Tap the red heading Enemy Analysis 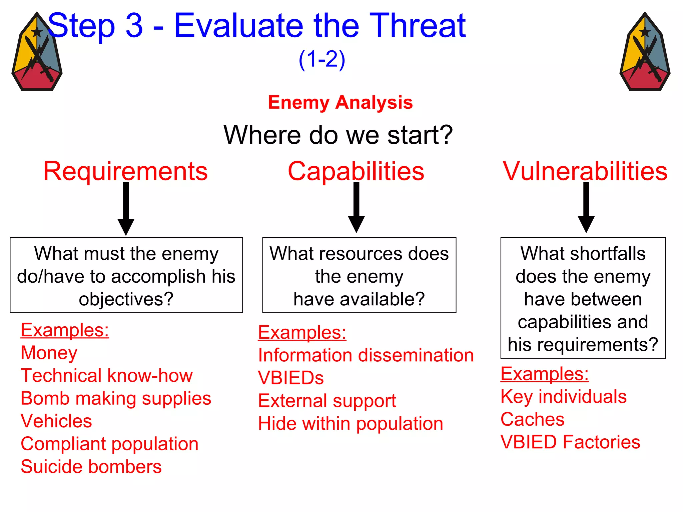(x=340, y=102)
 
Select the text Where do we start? (x=338, y=135)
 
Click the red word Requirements (x=125, y=171)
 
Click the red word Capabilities (x=356, y=171)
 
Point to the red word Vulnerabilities (x=585, y=171)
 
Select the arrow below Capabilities (x=356, y=208)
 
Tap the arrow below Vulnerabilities (x=586, y=208)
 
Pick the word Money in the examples (x=49, y=353)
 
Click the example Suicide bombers (x=91, y=467)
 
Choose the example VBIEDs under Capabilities (x=291, y=378)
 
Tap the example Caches (x=532, y=419)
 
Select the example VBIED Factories (x=570, y=442)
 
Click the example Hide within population (x=351, y=424)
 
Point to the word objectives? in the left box (x=126, y=299)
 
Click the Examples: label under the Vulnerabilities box (x=545, y=374)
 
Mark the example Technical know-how (x=107, y=376)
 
